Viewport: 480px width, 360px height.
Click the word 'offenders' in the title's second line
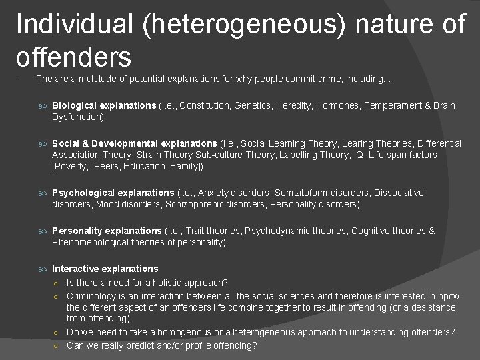click(x=73, y=57)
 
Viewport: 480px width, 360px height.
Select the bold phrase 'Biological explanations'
click(x=104, y=105)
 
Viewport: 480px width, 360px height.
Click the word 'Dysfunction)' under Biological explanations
click(x=78, y=117)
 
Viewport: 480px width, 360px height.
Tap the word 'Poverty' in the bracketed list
click(x=73, y=166)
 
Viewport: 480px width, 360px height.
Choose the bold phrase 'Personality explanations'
click(x=107, y=231)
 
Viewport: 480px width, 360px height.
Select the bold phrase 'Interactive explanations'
click(x=105, y=269)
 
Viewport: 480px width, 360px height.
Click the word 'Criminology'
click(x=91, y=295)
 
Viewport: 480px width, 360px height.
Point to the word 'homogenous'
click(x=203, y=332)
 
